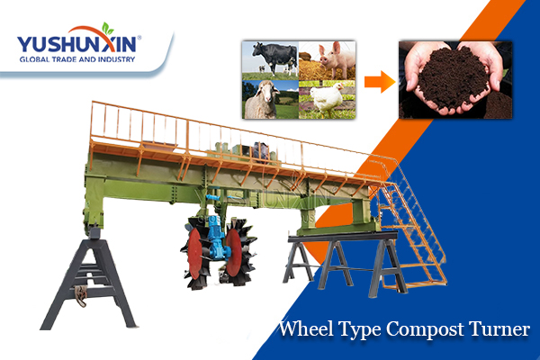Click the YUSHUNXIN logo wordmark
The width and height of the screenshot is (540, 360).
(x=76, y=45)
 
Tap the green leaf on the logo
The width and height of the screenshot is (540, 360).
(x=107, y=29)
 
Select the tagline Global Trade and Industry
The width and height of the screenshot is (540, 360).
(x=77, y=59)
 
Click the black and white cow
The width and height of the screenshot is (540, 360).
(x=274, y=57)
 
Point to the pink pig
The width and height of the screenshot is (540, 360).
(x=336, y=58)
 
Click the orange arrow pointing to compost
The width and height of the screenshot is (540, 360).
(x=380, y=82)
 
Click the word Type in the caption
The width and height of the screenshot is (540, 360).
(x=360, y=330)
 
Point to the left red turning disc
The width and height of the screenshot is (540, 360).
(x=195, y=253)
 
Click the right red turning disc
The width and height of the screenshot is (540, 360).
(x=234, y=252)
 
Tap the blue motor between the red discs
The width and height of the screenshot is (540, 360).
(x=216, y=238)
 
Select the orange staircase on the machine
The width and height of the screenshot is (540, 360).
(x=409, y=224)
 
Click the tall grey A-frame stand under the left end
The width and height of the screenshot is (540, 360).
(x=90, y=279)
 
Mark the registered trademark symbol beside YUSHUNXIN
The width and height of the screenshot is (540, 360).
(x=139, y=38)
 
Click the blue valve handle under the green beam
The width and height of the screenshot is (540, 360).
(x=212, y=197)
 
